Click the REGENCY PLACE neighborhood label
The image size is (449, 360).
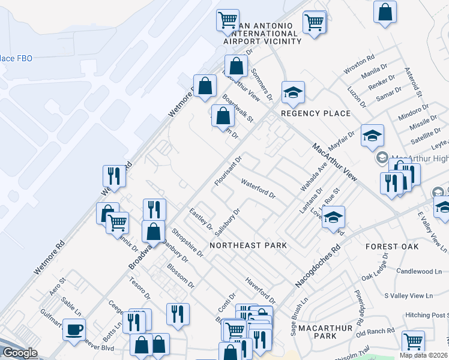pos(315,113)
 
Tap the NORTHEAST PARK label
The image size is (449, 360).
pos(248,245)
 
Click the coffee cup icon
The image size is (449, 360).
pos(74,329)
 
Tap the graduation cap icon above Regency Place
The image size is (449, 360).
pos(294,92)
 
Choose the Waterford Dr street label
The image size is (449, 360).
pos(258,187)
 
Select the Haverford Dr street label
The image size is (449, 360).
pos(260,290)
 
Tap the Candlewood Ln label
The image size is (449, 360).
pos(418,272)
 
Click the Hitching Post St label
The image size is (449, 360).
pos(427,315)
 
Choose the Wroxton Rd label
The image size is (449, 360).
pos(359,65)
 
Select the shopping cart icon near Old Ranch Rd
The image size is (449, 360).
pos(414,341)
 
